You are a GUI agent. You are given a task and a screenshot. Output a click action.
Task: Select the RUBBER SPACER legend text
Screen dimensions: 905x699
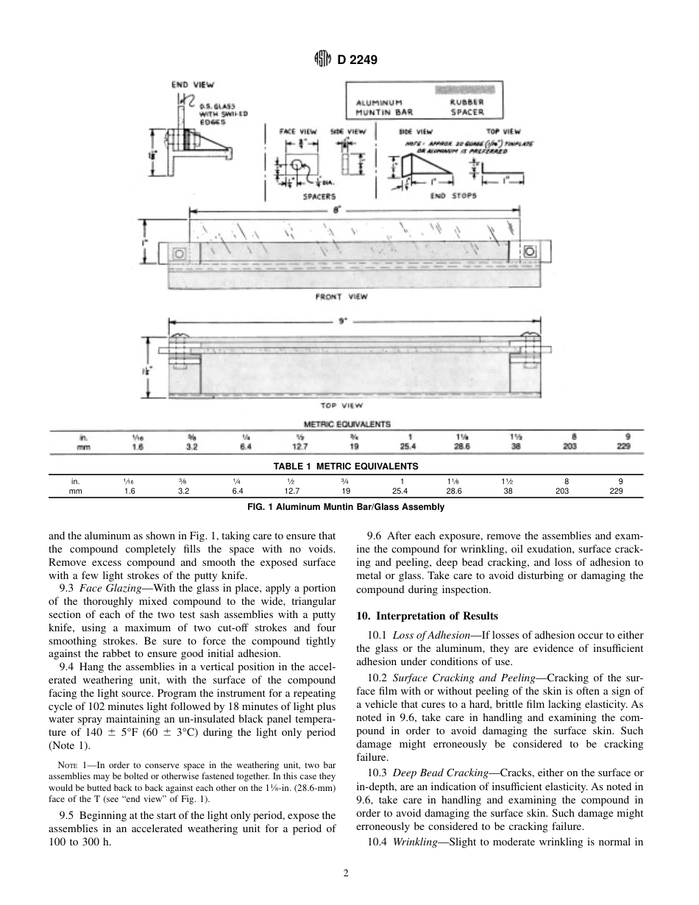click(466, 107)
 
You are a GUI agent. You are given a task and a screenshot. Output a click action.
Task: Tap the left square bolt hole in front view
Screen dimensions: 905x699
click(179, 254)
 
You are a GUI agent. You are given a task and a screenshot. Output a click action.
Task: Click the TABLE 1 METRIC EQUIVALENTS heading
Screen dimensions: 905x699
click(345, 466)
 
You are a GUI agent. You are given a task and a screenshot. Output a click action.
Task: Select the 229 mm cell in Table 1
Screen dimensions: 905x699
click(617, 490)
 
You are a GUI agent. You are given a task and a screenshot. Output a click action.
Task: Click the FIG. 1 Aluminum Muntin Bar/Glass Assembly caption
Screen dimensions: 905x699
click(345, 506)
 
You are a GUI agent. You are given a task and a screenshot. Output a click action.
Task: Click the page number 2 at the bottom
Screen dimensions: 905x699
click(345, 873)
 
